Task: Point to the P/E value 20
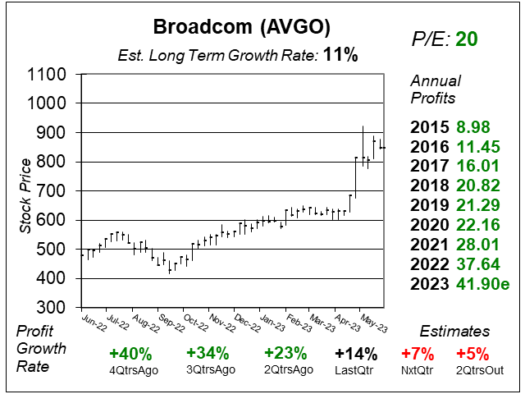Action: point(467,39)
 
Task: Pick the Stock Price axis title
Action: point(28,190)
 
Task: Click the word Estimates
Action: point(454,332)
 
